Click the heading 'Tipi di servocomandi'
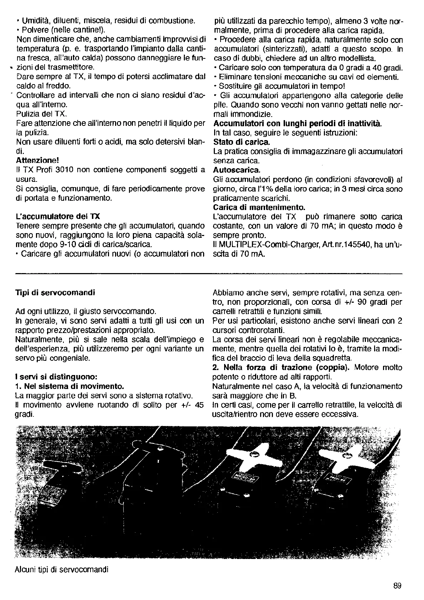(x=55, y=293)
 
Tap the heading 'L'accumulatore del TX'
(x=58, y=216)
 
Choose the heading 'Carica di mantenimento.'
(x=259, y=207)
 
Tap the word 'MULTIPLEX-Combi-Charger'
(x=262, y=245)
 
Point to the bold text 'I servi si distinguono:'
(x=56, y=377)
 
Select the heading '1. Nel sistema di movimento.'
(x=70, y=386)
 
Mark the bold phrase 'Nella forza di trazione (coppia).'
(x=282, y=368)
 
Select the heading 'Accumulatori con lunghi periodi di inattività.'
(x=297, y=123)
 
